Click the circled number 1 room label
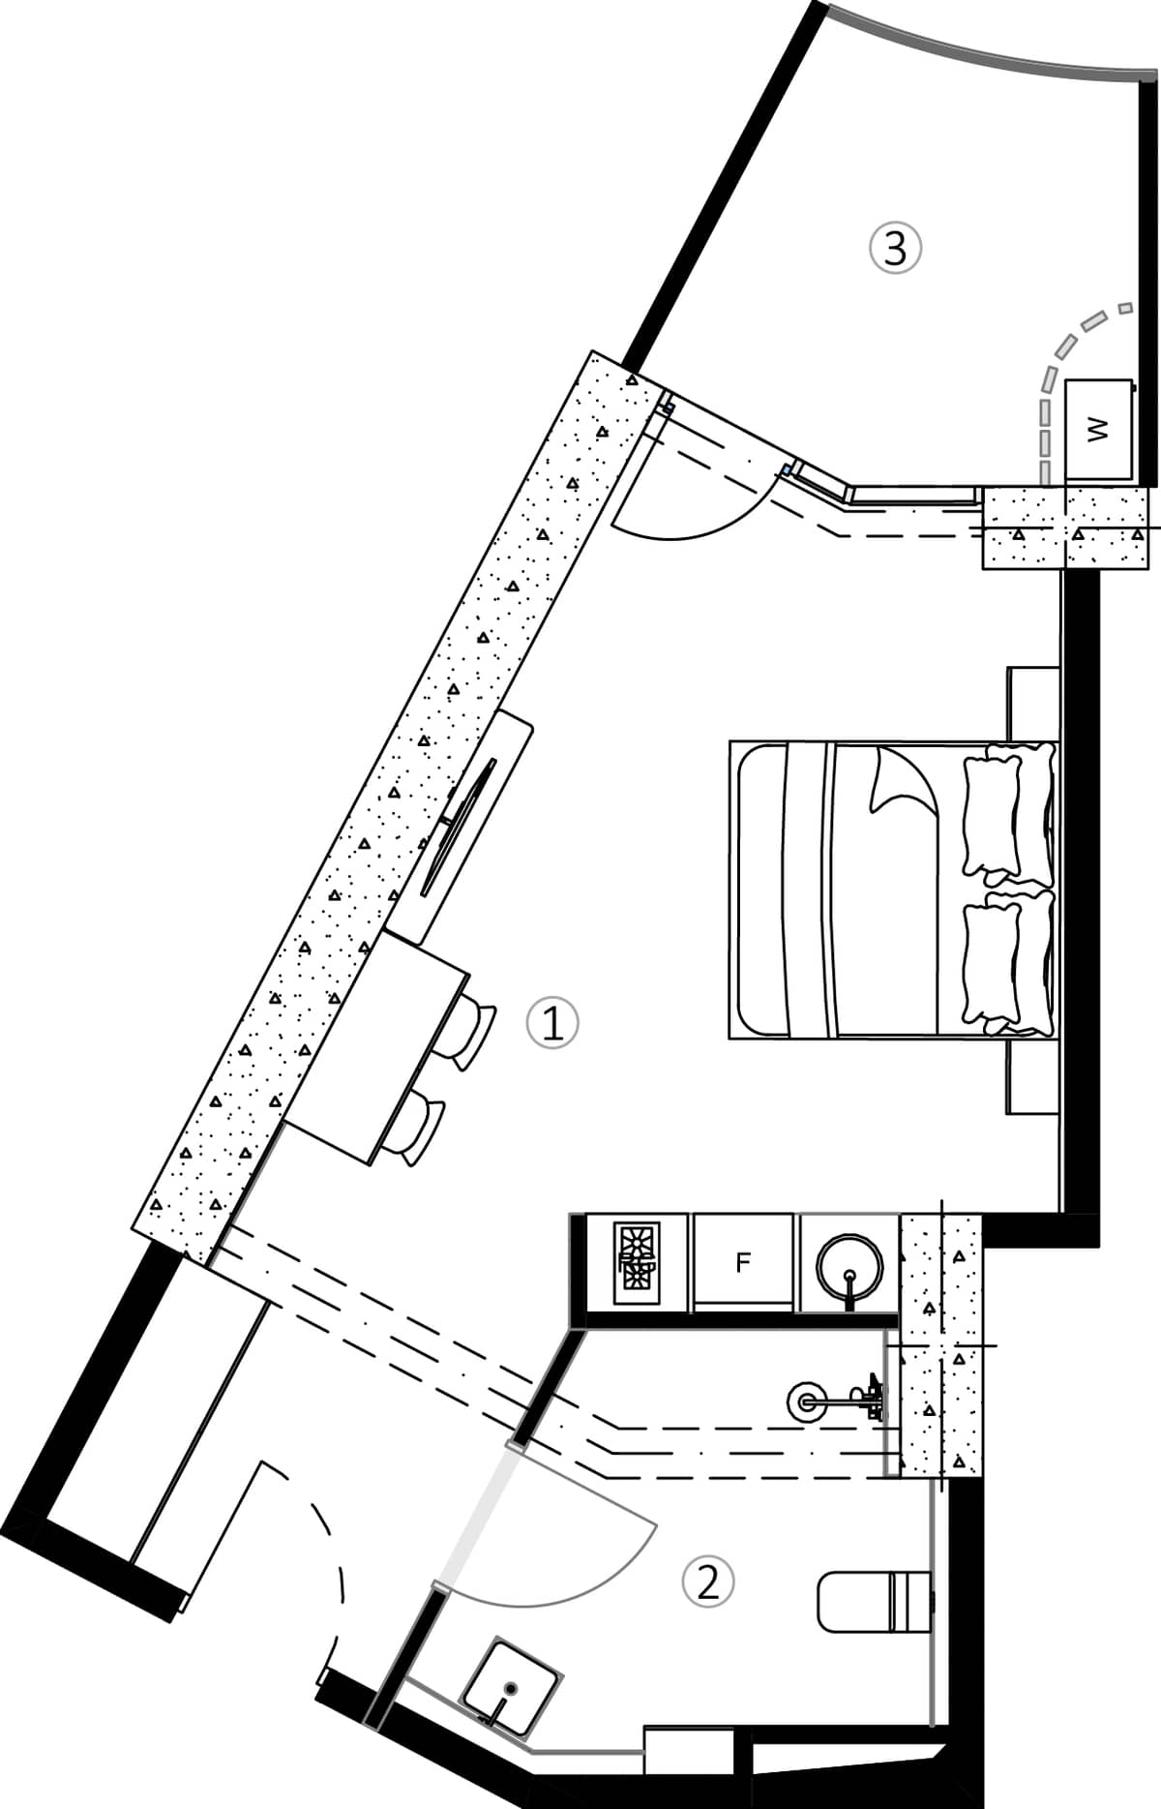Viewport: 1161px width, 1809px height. [x=552, y=1023]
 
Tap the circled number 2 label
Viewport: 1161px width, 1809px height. [x=708, y=1582]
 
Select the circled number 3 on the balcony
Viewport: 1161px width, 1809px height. [x=895, y=248]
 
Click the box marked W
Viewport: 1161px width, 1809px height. [x=1098, y=429]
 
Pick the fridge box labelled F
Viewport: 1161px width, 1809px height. [x=743, y=1262]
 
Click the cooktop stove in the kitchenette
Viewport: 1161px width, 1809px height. [x=639, y=1257]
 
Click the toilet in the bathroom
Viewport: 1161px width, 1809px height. [x=871, y=1600]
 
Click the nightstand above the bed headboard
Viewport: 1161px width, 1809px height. [x=1032, y=704]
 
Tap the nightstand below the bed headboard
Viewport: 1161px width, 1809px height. [x=1032, y=1076]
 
